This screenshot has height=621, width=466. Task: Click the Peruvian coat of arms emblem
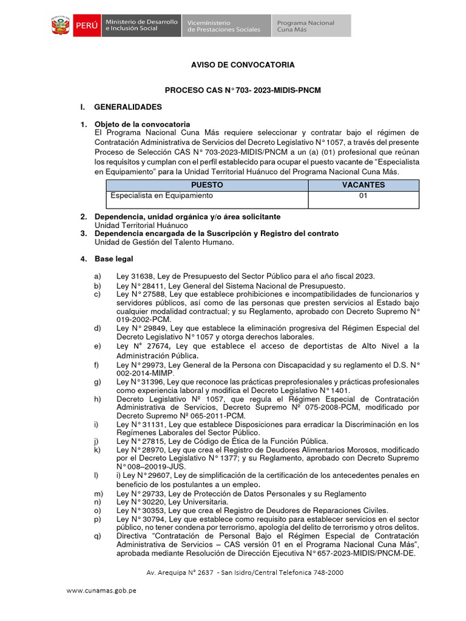(x=60, y=26)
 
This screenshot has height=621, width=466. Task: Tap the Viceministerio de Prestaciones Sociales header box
(x=225, y=26)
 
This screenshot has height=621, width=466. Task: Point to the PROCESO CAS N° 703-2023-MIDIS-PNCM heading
(x=243, y=90)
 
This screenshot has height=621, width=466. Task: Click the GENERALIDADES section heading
(x=128, y=107)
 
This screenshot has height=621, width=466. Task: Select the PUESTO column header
(x=207, y=185)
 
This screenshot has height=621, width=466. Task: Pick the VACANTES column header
(x=363, y=185)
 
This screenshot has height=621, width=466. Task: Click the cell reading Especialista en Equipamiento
(x=161, y=196)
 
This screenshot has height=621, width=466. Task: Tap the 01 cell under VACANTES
(x=363, y=196)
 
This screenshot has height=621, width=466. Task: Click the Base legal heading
(x=113, y=259)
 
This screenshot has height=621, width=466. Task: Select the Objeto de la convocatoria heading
(x=142, y=124)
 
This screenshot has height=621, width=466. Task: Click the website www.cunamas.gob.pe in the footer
(x=101, y=591)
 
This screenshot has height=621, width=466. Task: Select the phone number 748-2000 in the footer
(x=328, y=572)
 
